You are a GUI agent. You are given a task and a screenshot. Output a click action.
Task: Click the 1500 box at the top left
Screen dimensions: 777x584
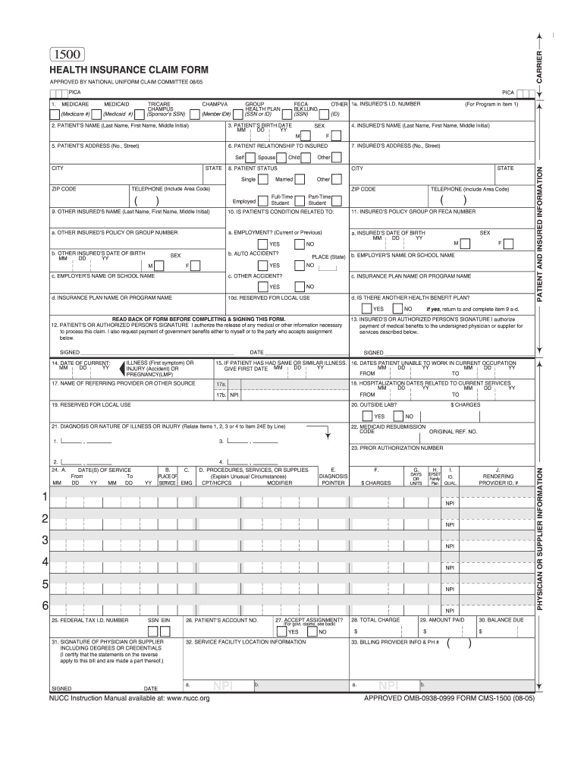coord(68,54)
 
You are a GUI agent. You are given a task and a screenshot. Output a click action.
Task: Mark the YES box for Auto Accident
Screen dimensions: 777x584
coord(262,266)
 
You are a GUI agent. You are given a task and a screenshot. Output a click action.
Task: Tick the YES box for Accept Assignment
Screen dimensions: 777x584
coord(282,631)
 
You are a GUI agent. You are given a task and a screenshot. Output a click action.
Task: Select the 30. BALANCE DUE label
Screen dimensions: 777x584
coord(500,620)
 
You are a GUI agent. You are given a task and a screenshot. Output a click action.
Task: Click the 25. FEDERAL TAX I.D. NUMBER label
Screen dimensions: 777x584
coord(89,620)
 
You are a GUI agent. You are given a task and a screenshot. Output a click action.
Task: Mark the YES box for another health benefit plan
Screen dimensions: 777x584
coord(368,309)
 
